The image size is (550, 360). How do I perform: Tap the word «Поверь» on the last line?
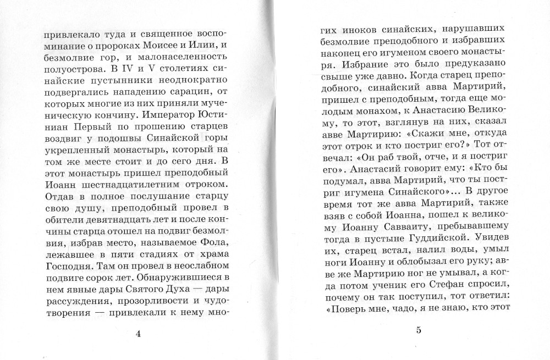(344, 311)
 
